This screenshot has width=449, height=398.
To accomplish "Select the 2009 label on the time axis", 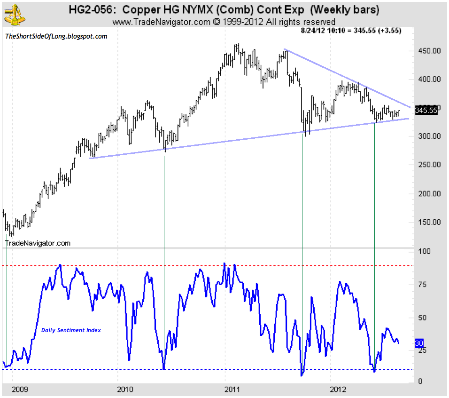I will (x=19, y=390).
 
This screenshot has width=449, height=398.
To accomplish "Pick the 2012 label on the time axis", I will (x=339, y=390).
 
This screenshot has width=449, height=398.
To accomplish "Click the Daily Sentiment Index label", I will (x=71, y=330).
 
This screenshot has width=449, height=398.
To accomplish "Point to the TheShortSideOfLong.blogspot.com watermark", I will (x=56, y=36).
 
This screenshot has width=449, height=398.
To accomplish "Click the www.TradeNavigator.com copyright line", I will (x=224, y=22).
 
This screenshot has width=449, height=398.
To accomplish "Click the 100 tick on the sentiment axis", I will (x=424, y=251).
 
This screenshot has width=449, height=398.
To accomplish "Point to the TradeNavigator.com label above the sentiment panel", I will (x=38, y=243).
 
